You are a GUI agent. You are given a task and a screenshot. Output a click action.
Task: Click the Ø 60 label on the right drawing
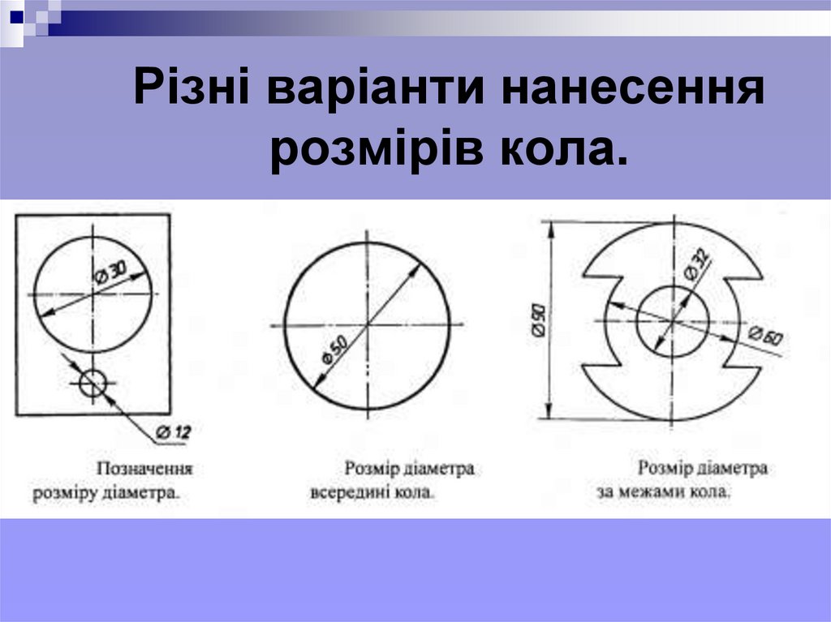click(765, 336)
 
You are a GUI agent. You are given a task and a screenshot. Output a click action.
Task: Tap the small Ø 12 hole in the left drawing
click(93, 383)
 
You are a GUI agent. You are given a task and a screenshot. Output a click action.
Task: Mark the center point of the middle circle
click(368, 324)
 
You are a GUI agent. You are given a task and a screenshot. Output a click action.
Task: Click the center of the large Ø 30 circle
click(93, 294)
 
